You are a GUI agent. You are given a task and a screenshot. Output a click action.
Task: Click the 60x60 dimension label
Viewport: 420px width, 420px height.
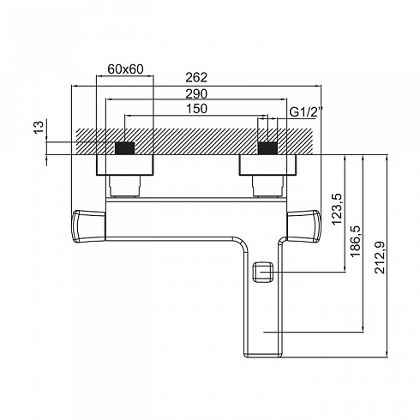click(125, 69)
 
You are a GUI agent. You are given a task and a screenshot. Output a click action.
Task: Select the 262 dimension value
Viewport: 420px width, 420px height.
click(196, 78)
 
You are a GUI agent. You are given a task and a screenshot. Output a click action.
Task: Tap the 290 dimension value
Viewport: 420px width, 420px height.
click(196, 93)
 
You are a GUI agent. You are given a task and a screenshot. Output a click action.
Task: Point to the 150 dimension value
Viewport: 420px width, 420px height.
click(196, 109)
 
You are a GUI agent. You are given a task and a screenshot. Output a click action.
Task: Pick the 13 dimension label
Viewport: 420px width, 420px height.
click(39, 127)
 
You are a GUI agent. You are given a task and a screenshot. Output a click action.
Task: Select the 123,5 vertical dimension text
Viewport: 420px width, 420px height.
click(337, 209)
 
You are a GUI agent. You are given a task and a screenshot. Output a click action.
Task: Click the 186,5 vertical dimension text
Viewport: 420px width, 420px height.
click(356, 242)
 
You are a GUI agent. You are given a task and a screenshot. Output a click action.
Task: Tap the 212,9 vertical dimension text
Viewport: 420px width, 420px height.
click(380, 258)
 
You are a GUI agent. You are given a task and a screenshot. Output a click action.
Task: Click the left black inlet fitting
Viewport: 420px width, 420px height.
click(124, 148)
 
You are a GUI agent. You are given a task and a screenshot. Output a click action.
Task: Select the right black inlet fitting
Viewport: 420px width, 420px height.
click(267, 148)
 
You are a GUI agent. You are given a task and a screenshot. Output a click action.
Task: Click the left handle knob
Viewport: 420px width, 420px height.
click(88, 226)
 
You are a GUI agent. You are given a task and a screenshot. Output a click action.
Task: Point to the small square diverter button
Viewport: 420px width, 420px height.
click(263, 272)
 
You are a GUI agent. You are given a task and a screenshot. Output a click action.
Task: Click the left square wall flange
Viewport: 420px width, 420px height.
click(125, 165)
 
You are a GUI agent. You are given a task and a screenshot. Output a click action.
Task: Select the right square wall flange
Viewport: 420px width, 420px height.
click(267, 165)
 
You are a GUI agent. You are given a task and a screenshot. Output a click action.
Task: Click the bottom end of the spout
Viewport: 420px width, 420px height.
click(263, 355)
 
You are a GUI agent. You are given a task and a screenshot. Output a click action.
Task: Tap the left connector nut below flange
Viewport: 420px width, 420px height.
click(125, 185)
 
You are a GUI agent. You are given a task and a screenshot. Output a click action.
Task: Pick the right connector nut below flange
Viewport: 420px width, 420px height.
click(267, 185)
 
